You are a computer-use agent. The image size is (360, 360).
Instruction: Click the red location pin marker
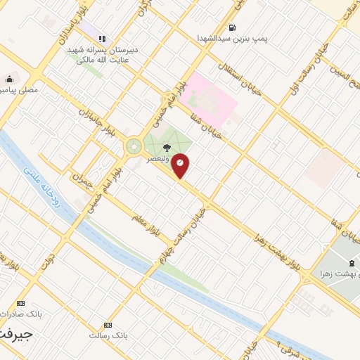[181, 165]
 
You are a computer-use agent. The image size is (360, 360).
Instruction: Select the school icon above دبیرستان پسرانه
[102, 39]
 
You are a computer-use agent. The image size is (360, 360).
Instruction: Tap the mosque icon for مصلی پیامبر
[8, 79]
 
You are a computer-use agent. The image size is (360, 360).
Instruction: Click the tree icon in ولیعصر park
[167, 147]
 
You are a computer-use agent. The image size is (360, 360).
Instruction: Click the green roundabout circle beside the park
[134, 147]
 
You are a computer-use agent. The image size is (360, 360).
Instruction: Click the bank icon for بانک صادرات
[20, 302]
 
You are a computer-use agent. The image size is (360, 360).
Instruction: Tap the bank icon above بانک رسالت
[108, 325]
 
